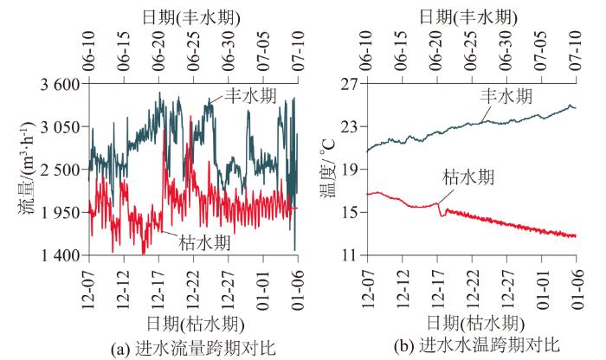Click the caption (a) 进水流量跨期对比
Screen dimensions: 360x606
(x=195, y=349)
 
